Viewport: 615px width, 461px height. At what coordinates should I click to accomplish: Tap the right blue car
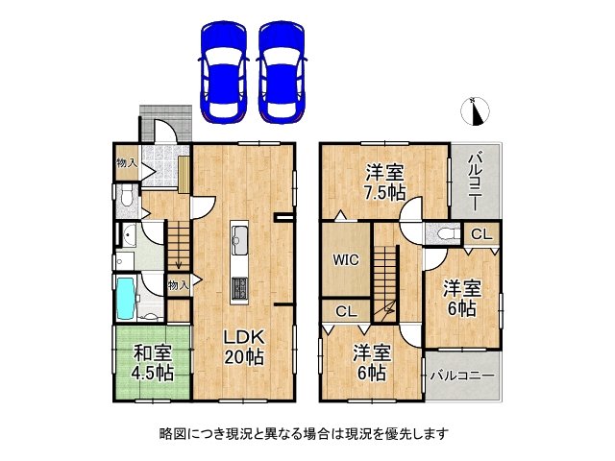click(283, 69)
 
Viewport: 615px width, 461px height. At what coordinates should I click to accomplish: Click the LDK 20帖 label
click(244, 348)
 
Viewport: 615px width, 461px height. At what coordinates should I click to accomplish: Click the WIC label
click(345, 259)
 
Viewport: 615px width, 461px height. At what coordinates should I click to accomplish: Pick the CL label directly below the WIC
click(345, 311)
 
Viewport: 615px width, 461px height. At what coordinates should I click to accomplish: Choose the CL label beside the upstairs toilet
click(481, 234)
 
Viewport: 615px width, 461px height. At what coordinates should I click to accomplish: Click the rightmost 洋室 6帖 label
click(460, 298)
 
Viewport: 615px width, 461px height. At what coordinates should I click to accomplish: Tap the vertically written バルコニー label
click(476, 182)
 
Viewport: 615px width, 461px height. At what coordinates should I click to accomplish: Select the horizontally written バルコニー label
click(461, 375)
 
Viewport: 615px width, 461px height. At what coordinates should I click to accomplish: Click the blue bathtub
click(126, 300)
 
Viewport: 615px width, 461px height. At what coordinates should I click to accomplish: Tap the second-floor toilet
click(445, 234)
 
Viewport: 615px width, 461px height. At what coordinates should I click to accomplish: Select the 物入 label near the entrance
click(126, 163)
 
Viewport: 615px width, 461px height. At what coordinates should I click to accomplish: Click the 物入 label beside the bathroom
click(178, 284)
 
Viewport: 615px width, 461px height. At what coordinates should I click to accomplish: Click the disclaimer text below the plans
click(307, 434)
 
